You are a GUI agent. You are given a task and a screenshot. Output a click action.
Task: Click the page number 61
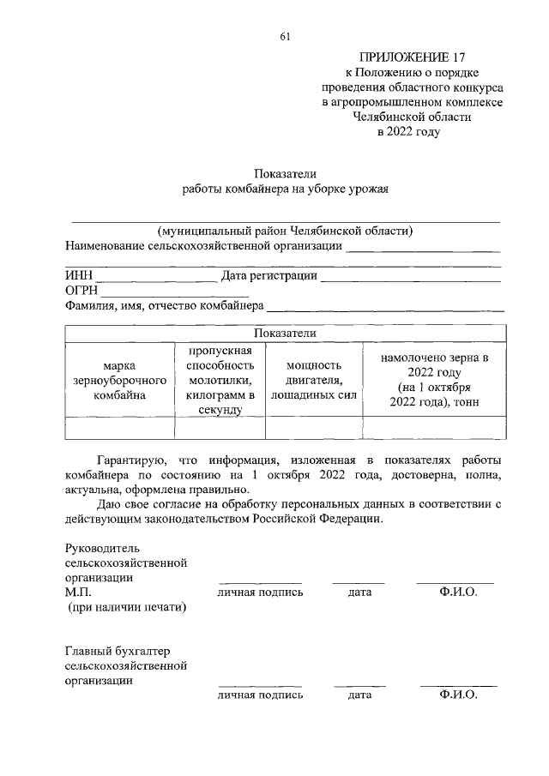(285, 35)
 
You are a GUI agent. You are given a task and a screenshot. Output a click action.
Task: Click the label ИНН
(78, 276)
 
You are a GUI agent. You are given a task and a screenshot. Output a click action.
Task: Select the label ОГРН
(81, 291)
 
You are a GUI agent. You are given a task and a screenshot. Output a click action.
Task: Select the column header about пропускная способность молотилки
(220, 380)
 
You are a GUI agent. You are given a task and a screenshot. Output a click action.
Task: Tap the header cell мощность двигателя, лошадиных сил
(313, 380)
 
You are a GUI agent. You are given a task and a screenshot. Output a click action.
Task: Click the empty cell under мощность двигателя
(313, 427)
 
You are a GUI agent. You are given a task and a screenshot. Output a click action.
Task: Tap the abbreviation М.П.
(78, 592)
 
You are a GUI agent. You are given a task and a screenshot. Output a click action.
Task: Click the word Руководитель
(101, 547)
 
